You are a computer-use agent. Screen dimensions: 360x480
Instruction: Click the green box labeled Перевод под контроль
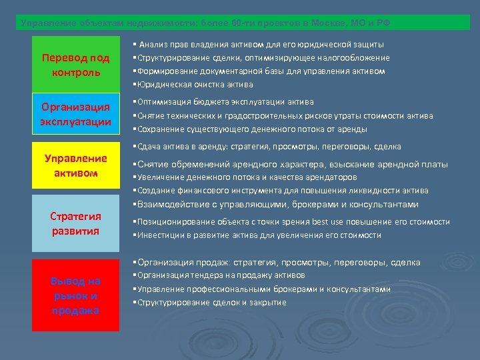[x=75, y=65]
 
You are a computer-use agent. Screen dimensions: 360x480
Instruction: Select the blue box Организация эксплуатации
[x=75, y=114]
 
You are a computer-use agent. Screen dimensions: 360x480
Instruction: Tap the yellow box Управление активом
[x=75, y=165]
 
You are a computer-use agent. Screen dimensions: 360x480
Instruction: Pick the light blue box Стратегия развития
[x=75, y=223]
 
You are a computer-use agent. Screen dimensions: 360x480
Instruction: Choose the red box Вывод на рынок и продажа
[x=75, y=295]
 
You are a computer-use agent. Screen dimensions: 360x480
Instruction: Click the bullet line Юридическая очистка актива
[x=193, y=85]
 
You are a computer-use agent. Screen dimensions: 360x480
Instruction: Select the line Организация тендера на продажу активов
[x=219, y=275]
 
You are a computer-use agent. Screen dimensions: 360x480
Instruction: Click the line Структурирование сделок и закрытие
[x=210, y=303]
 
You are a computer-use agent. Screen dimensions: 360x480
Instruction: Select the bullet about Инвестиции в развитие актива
[x=257, y=235]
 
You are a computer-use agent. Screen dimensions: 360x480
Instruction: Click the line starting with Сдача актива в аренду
[x=267, y=146]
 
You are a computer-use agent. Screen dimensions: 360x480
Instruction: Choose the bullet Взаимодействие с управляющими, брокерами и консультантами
[x=276, y=205]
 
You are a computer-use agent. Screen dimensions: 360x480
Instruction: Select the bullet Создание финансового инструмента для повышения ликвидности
[x=281, y=191]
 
